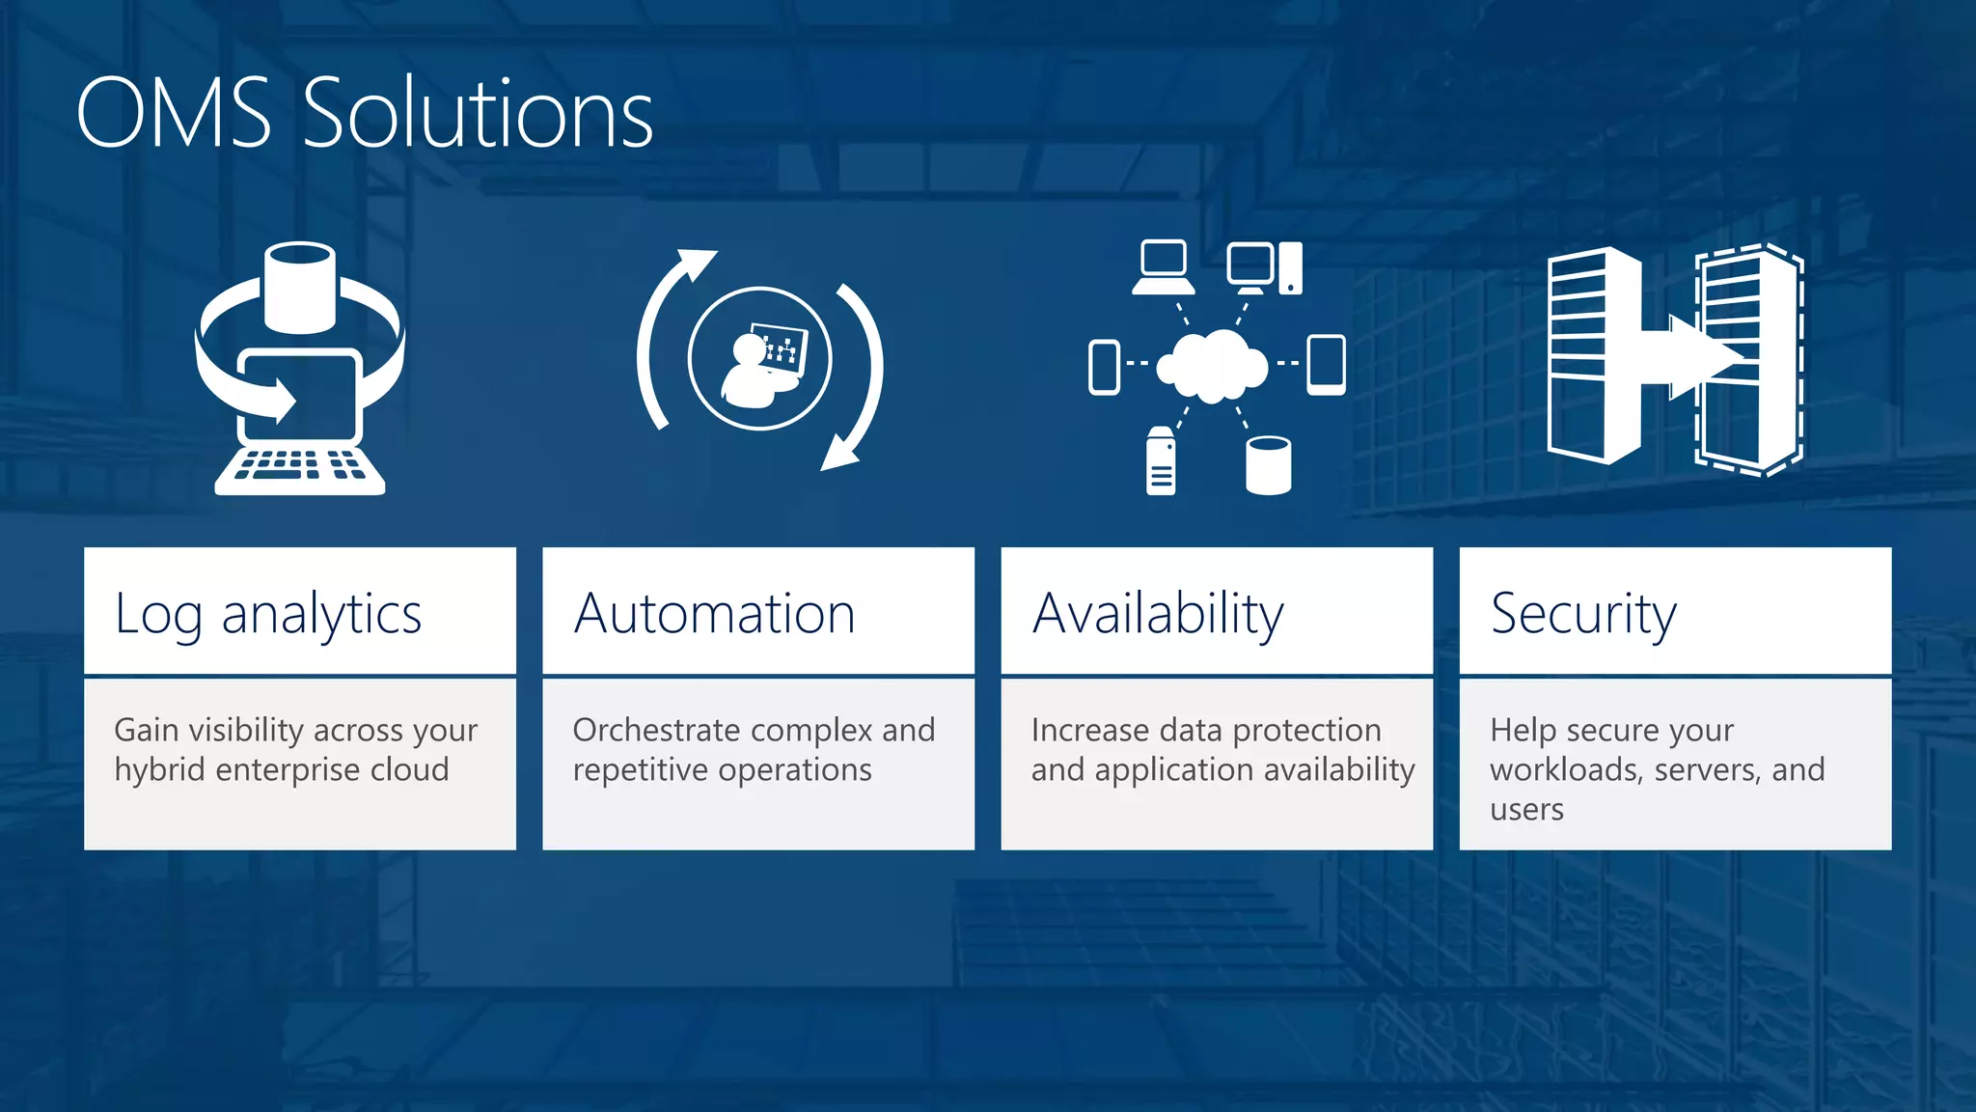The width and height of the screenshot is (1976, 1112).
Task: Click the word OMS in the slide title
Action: pos(174,114)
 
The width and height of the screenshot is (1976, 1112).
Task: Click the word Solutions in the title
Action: pos(479,114)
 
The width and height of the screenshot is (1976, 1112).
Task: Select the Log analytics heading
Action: pos(268,615)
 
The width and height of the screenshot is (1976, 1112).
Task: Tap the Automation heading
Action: pos(715,615)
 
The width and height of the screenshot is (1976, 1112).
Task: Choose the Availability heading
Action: pos(1158,615)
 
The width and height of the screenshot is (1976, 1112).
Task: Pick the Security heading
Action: pos(1583,615)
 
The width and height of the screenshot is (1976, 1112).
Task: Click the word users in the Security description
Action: pos(1526,809)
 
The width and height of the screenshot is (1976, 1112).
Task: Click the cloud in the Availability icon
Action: pos(1213,366)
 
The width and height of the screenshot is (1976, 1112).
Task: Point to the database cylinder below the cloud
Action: pos(1268,465)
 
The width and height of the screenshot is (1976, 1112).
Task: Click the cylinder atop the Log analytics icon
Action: pos(300,287)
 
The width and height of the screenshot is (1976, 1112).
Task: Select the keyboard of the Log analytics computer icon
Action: pos(300,469)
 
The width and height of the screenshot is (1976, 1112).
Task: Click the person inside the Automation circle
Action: pos(754,372)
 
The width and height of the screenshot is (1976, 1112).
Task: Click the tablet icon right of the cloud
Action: pos(1327,365)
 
